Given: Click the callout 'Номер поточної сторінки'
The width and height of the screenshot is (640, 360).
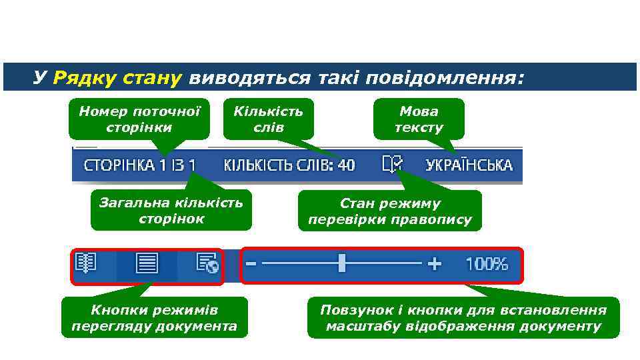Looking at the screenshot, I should coord(139,119).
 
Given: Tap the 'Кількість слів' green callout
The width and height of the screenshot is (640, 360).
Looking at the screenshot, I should coord(268,119).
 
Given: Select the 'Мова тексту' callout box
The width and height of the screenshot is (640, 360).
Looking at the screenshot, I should coord(419,119).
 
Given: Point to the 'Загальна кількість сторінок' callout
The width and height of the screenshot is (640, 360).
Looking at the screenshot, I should coord(171,210).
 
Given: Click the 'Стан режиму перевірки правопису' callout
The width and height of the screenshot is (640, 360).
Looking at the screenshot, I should coord(389,211).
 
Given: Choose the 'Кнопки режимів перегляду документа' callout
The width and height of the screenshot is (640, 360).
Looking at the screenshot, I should coord(154,317).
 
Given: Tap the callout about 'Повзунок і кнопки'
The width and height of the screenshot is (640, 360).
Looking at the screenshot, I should coord(463,317).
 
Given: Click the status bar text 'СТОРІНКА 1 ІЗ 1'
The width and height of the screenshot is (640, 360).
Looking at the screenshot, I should coord(139,165).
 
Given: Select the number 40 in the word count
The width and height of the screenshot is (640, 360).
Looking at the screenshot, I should coord(346,165).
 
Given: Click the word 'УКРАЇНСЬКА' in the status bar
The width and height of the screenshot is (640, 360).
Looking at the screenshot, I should coord(469,165).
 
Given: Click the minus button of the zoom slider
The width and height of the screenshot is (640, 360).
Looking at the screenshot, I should coord(251,264).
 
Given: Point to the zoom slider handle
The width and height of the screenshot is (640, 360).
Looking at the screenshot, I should coord(342,263).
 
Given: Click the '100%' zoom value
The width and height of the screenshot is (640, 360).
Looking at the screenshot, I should coord(487,264).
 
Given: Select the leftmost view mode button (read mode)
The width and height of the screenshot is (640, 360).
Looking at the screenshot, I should coord(87,264).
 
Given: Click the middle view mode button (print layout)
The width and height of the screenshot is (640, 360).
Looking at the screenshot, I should coord(146,265).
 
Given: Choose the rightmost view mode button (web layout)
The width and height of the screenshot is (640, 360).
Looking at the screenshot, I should coord(207,264).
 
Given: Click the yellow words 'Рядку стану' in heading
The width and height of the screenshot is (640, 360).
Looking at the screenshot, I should coord(117,78).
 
